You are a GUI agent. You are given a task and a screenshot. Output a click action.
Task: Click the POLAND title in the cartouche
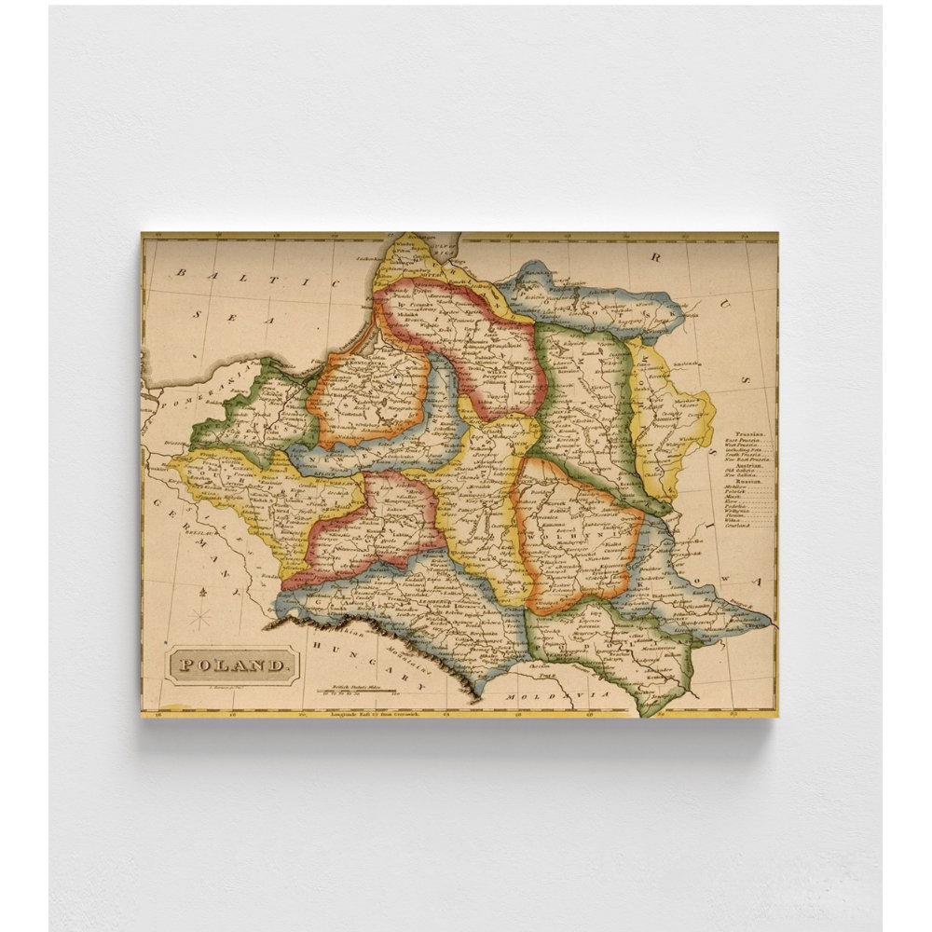pyautogui.click(x=233, y=665)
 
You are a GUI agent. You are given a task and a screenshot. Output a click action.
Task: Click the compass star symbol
pyautogui.click(x=199, y=618)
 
